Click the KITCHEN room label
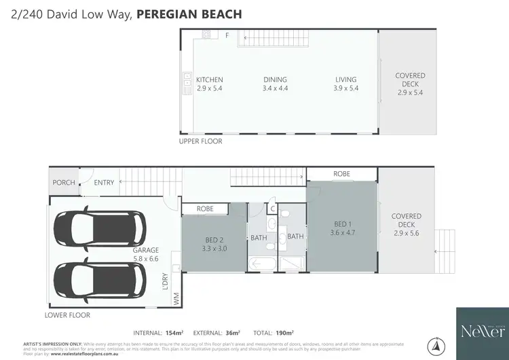(x=209, y=84)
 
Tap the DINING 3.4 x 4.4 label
(x=275, y=84)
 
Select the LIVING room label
(x=345, y=84)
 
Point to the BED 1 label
(x=342, y=228)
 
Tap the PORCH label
(x=64, y=182)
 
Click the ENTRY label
(x=105, y=182)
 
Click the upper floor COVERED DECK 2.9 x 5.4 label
(x=410, y=84)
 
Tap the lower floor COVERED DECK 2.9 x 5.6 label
(x=407, y=225)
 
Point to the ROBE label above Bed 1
(x=341, y=175)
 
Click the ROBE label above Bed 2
(x=205, y=209)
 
